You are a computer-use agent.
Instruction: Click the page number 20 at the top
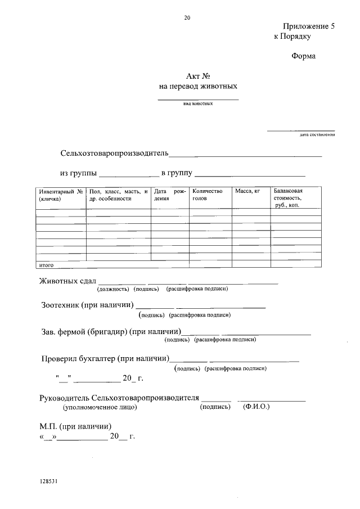[187, 17]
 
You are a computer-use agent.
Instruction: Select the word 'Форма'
[304, 56]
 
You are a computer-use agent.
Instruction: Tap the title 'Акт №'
[197, 77]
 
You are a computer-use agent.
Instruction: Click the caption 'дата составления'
[317, 134]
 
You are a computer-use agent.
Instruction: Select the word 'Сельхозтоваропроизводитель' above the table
[114, 154]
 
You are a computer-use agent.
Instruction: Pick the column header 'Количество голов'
[208, 195]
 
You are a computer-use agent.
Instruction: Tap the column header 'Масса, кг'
[247, 192]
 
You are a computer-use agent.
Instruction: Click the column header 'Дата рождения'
[169, 195]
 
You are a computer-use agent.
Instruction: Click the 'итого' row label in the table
[46, 264]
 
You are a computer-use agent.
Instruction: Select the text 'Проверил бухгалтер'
[79, 358]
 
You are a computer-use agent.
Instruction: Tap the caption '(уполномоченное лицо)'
[100, 406]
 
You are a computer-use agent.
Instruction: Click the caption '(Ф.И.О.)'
[256, 406]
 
